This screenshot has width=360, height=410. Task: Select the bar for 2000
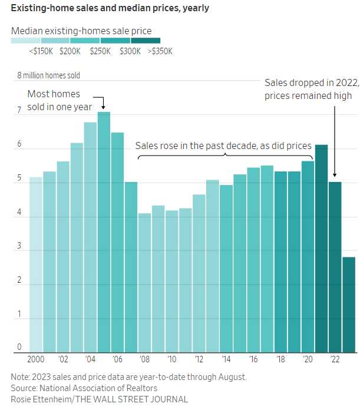click(x=36, y=264)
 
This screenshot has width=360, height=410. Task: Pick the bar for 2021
click(x=322, y=248)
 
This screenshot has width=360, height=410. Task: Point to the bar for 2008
click(x=144, y=283)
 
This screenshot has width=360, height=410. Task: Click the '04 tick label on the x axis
click(x=90, y=359)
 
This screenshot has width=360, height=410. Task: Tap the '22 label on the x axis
click(x=335, y=359)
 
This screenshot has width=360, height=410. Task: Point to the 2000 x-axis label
click(x=36, y=359)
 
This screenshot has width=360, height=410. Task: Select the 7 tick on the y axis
click(x=19, y=110)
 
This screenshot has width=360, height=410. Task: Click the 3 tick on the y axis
click(x=19, y=247)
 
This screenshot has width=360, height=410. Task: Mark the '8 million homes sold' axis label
click(x=48, y=75)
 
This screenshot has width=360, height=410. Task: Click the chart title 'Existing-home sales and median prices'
click(x=110, y=9)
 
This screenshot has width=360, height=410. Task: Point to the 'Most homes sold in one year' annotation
click(x=54, y=100)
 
